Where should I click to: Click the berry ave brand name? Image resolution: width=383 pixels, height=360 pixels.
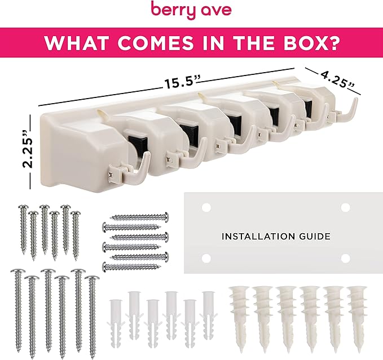tap(191, 10)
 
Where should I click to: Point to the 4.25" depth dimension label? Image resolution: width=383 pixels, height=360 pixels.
tap(335, 78)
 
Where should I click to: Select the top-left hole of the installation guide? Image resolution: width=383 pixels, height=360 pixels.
tap(206, 207)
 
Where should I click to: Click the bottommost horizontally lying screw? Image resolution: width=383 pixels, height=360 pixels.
tap(135, 266)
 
